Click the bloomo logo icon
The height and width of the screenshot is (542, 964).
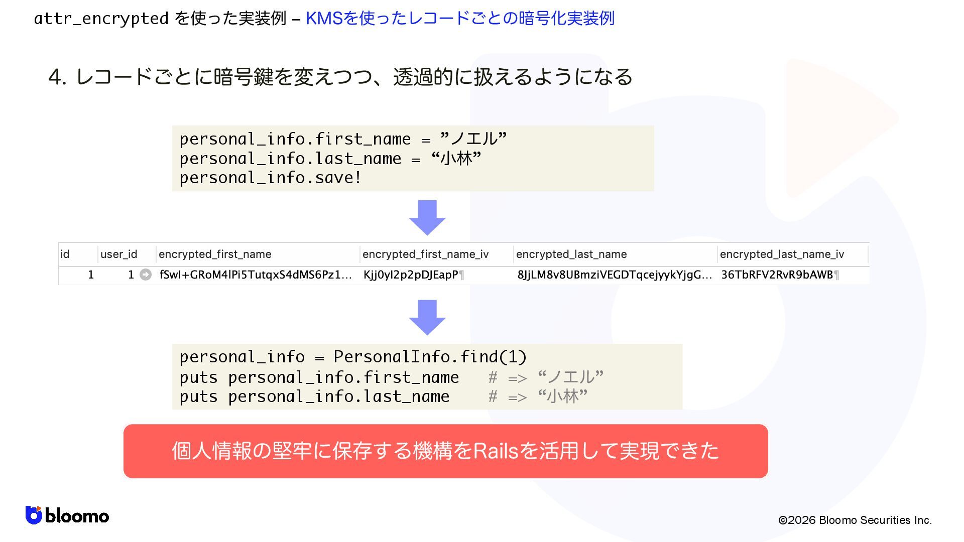(34, 515)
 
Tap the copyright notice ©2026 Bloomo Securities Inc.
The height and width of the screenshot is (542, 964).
(855, 520)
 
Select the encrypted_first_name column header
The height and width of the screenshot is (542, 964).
(215, 254)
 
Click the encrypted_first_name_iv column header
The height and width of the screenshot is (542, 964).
(425, 254)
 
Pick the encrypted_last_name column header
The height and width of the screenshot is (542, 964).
(571, 254)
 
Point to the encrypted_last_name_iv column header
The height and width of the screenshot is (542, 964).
(782, 254)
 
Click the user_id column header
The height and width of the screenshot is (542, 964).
(118, 254)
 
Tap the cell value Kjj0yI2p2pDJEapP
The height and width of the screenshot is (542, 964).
(411, 275)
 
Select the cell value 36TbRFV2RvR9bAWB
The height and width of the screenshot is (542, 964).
(777, 275)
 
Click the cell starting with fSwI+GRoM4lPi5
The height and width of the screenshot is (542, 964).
(255, 275)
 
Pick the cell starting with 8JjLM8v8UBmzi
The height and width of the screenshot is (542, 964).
(614, 275)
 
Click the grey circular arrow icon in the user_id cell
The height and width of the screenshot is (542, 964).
(146, 275)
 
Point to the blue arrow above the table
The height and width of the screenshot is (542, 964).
(427, 218)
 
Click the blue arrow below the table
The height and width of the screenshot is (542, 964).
(427, 318)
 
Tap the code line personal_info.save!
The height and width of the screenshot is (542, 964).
(270, 178)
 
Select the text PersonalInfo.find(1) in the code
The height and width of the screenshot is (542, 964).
(430, 357)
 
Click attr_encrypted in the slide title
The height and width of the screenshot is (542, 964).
(101, 19)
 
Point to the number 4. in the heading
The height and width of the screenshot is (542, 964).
(57, 77)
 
